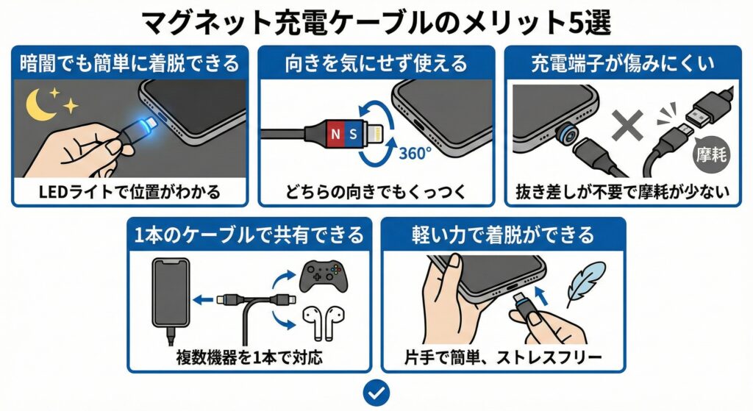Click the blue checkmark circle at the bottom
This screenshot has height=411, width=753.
(376, 392)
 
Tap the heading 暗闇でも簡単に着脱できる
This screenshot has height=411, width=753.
(130, 63)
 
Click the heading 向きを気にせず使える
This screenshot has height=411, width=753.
(376, 63)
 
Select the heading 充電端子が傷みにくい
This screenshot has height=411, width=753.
(621, 63)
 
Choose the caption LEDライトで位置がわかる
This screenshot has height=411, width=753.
(130, 193)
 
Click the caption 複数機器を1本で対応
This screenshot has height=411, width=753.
(249, 359)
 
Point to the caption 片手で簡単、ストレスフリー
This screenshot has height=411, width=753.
(503, 359)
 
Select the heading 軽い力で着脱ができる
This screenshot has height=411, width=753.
(503, 235)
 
